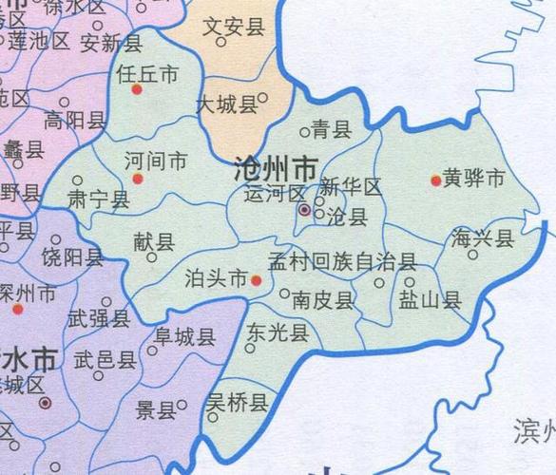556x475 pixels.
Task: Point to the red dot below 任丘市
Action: point(137,90)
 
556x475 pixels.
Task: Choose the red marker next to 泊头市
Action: point(256,280)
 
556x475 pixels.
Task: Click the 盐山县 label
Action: point(429,301)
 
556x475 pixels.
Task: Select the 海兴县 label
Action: point(483,237)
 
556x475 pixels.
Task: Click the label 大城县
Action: point(226,104)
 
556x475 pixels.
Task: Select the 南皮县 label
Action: point(323,301)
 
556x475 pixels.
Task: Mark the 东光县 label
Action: point(277,332)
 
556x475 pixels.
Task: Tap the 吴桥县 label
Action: point(238,406)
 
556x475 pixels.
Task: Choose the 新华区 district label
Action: point(351,187)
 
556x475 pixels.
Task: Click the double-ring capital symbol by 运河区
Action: point(304,210)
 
